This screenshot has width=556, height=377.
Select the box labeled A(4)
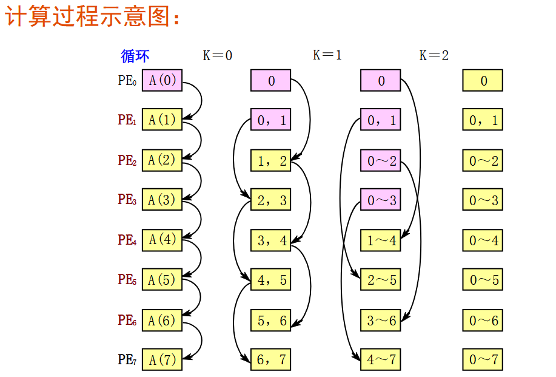(162, 240)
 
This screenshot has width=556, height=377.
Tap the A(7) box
(162, 360)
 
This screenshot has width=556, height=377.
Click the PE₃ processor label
(127, 200)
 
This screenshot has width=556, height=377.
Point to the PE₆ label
(127, 320)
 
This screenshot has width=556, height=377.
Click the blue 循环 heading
(135, 56)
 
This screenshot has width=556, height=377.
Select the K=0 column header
(218, 55)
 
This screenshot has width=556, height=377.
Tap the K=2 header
(434, 55)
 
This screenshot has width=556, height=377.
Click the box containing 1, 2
(271, 161)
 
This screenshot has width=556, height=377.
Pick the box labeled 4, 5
(271, 280)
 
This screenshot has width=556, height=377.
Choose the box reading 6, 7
(271, 359)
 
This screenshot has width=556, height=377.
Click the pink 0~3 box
(381, 200)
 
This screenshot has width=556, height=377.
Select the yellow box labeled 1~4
(381, 240)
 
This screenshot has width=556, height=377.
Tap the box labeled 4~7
(381, 359)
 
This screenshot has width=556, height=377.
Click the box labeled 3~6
(381, 320)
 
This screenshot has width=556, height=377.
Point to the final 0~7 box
(483, 359)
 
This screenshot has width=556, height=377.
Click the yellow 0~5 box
(483, 280)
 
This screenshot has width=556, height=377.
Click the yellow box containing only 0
(483, 81)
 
